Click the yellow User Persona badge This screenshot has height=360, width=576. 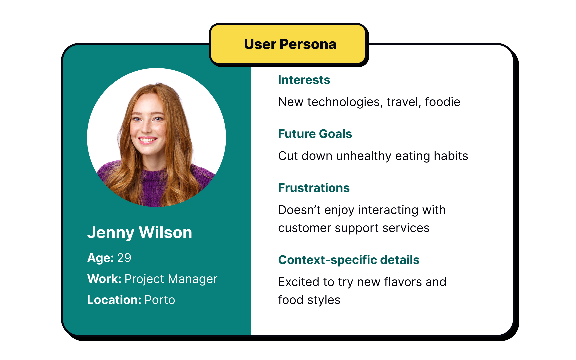coord(289,44)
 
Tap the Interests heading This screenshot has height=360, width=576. coord(304,80)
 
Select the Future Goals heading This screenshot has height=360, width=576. coord(315,134)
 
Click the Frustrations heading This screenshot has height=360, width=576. coord(314,188)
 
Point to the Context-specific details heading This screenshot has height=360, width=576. coord(349,260)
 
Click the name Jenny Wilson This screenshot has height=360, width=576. coord(140,233)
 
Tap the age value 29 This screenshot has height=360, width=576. coord(124,258)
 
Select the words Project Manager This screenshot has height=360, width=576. coord(171,279)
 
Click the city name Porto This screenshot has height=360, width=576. coord(160,300)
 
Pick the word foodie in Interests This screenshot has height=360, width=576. coord(442,102)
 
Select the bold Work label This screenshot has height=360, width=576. coord(104,279)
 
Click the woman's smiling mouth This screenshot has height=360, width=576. coord(148,140)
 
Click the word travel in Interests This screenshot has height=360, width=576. coord(402,102)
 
